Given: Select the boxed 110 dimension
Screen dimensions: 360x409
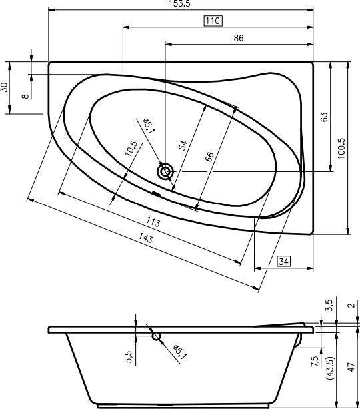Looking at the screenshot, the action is [x=213, y=21].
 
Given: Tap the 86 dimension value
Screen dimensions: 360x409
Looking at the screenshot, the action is [x=239, y=38].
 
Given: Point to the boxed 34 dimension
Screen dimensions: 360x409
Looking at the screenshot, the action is [x=284, y=261].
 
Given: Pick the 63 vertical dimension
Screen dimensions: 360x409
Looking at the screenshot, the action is [x=323, y=117].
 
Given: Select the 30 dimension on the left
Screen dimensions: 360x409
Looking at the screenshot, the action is [x=5, y=87].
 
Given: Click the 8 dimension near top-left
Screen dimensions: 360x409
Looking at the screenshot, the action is [x=25, y=96].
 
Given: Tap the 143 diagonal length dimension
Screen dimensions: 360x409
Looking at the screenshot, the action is [x=145, y=238].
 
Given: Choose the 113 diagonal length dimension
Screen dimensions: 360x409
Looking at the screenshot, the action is [x=153, y=222].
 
